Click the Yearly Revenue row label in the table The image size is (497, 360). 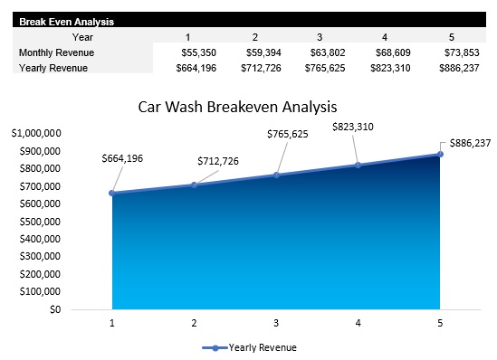pos(53,69)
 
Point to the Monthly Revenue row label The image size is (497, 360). pos(56,53)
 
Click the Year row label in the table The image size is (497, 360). pos(82,37)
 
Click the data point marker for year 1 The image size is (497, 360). pos(112,193)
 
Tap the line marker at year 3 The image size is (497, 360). pos(276,175)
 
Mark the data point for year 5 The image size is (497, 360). pos(440,154)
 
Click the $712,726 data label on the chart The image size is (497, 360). pos(218,161)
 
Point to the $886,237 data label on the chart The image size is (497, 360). pos(470,143)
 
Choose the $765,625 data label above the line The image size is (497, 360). pos(288,134)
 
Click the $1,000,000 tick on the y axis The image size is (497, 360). pos(36,133)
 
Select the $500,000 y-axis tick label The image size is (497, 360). pos(40,222)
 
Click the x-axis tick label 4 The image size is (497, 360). pos(358,323)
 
